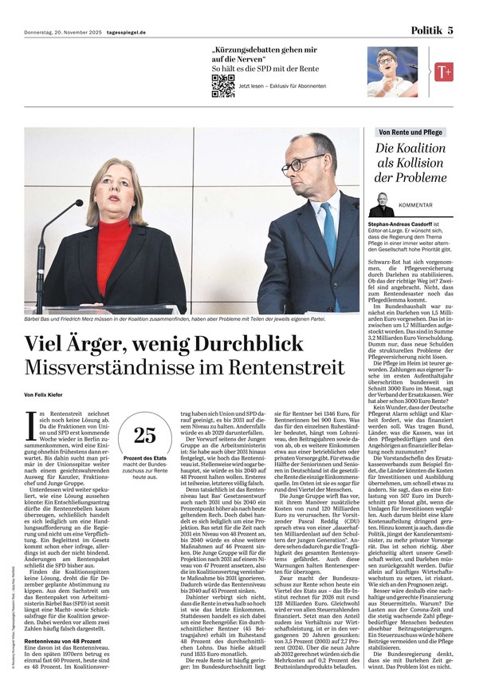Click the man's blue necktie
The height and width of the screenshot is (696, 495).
pos(330,239)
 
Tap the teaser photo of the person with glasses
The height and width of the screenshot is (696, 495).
pos(397,72)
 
